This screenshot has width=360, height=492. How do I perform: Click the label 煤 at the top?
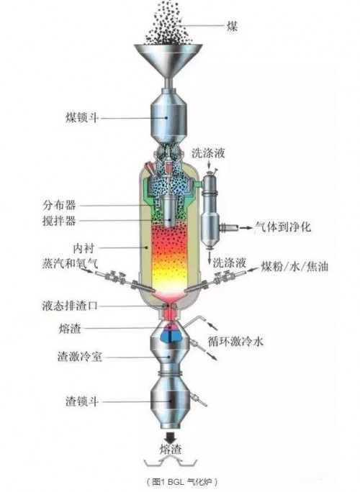tap(232, 26)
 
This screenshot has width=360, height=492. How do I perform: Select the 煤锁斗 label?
tap(82, 118)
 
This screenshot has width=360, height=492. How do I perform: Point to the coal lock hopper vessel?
tap(169, 117)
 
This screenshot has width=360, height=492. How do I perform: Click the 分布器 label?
tap(59, 205)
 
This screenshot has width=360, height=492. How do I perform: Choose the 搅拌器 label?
tap(59, 221)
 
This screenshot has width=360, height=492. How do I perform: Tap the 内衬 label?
tap(84, 248)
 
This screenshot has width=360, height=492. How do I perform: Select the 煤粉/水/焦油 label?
tap(294, 266)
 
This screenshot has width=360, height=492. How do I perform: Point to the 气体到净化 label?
tap(283, 227)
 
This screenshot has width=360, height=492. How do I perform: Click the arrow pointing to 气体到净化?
tap(246, 227)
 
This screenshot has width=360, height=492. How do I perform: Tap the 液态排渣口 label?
tap(70, 305)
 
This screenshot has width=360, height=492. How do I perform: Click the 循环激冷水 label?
tap(235, 341)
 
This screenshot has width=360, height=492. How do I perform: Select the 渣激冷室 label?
tap(80, 357)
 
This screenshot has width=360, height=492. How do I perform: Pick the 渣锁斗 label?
tap(82, 401)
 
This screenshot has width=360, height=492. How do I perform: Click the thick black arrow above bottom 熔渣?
tap(171, 437)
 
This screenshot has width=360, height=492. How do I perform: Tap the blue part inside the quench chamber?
tap(170, 334)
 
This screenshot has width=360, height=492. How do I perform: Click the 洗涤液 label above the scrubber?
tap(209, 153)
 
